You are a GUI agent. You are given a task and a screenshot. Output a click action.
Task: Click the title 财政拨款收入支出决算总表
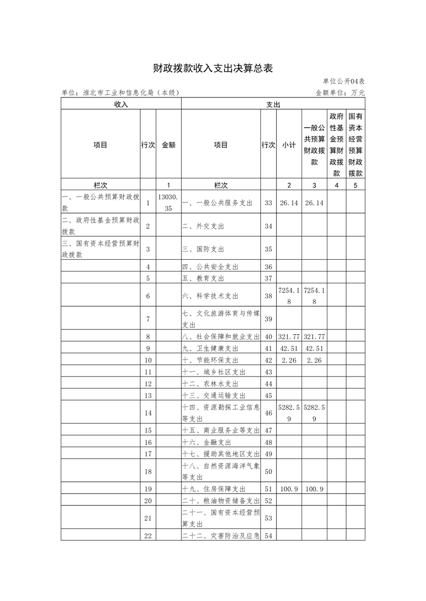pyautogui.click(x=213, y=69)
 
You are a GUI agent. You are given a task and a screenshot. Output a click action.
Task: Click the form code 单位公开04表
pyautogui.click(x=344, y=81)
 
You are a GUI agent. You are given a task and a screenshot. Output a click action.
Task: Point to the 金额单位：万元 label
pyautogui.click(x=340, y=93)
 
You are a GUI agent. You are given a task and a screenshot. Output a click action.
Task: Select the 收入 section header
pyautogui.click(x=121, y=104)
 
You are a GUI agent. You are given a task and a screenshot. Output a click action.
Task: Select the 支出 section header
pyautogui.click(x=273, y=104)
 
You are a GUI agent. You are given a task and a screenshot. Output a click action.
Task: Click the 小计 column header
pyautogui.click(x=289, y=145)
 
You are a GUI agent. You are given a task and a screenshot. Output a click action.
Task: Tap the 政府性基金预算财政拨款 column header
pyautogui.click(x=336, y=145)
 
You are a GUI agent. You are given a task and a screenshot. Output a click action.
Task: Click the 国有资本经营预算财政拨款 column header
pyautogui.click(x=355, y=145)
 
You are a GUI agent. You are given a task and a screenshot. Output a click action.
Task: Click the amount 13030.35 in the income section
pyautogui.click(x=168, y=203)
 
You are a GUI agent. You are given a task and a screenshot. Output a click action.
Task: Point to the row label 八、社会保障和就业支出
pyautogui.click(x=221, y=336)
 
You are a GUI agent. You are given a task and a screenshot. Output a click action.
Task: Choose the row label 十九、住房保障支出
pyautogui.click(x=214, y=489)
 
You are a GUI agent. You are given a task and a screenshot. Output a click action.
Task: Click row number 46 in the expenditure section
pyautogui.click(x=269, y=413)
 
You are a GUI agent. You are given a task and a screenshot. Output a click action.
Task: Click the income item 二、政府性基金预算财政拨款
pyautogui.click(x=100, y=226)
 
